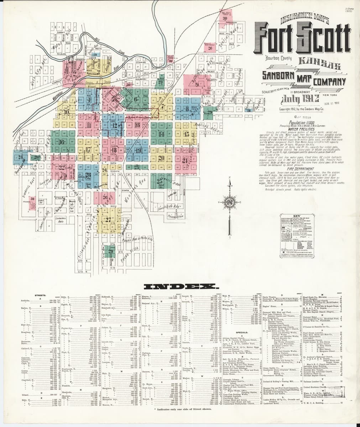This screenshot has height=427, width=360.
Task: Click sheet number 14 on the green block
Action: (x=161, y=134)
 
